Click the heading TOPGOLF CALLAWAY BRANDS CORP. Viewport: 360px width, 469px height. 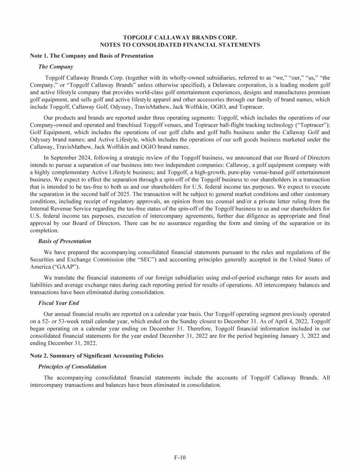(x=180, y=37)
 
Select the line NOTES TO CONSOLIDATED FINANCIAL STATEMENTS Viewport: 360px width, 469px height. (x=180, y=45)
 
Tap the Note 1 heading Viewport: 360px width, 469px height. (x=91, y=56)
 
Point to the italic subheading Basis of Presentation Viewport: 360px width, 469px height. (x=64, y=241)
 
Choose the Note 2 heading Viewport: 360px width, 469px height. (x=97, y=356)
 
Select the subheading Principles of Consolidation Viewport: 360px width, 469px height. (x=72, y=366)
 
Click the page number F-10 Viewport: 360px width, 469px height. (x=180, y=455)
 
